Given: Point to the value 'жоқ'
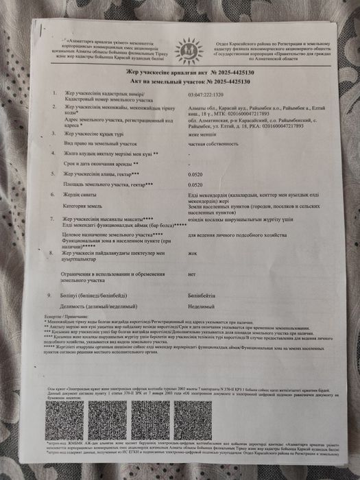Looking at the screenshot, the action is pos(193,252).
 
